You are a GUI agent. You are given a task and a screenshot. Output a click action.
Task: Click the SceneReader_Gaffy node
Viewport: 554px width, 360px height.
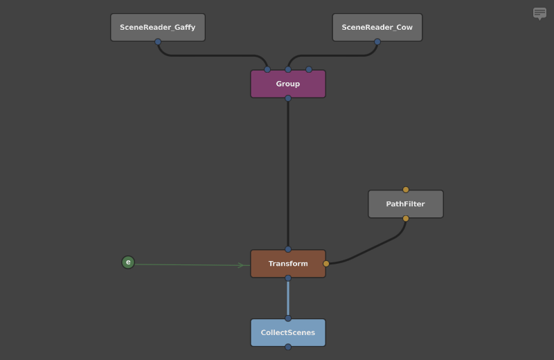click(x=158, y=28)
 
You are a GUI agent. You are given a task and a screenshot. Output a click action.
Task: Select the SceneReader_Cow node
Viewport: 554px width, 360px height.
click(x=377, y=28)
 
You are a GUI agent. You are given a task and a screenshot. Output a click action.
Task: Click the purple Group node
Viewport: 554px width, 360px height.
click(x=288, y=84)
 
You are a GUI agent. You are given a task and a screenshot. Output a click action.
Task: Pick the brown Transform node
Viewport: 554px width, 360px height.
click(x=288, y=264)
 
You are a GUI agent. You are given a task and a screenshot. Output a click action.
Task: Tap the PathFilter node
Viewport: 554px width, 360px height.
click(x=406, y=204)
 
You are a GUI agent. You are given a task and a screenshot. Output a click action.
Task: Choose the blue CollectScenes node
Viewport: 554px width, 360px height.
click(x=288, y=333)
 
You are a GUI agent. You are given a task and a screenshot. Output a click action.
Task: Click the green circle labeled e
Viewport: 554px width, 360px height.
click(x=128, y=262)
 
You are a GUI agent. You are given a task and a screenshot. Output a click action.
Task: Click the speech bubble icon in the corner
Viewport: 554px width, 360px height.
click(x=539, y=13)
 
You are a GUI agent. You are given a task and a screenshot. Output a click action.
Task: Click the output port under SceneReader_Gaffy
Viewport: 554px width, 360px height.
click(x=158, y=42)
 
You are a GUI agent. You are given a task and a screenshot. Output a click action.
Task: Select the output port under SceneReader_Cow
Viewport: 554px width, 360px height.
click(x=377, y=42)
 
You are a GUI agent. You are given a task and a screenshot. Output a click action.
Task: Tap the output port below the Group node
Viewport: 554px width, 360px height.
click(x=288, y=98)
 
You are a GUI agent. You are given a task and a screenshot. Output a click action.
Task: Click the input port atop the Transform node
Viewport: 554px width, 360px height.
click(x=288, y=249)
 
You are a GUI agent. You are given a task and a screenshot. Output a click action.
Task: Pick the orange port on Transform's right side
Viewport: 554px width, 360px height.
click(x=326, y=264)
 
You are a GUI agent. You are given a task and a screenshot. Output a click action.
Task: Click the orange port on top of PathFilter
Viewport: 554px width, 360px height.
click(x=406, y=190)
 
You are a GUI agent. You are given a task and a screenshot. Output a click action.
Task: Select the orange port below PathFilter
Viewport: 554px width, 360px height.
click(x=406, y=219)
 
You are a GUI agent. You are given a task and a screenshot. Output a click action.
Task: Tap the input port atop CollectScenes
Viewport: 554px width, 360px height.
click(x=288, y=318)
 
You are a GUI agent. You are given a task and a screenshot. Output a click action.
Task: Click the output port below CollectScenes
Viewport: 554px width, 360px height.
click(x=288, y=347)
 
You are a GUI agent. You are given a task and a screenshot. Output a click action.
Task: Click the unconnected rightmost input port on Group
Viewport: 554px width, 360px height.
click(x=309, y=69)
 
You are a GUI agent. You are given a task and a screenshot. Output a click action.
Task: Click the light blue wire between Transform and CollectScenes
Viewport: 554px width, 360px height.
click(x=288, y=298)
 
